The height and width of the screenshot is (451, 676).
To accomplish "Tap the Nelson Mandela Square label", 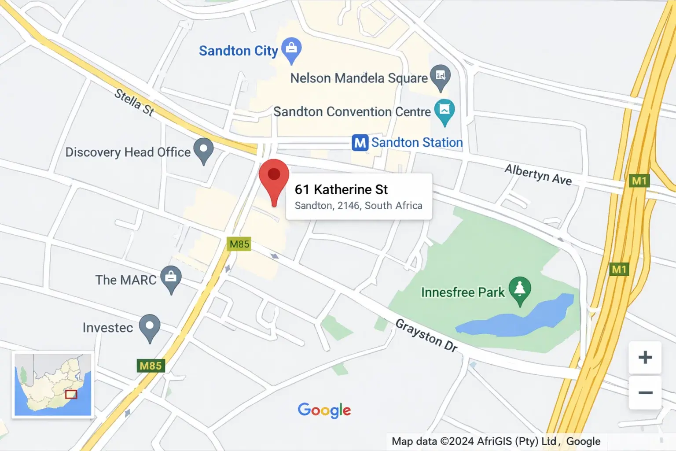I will point(359,78).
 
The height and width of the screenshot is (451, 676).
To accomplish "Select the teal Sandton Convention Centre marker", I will point(445,110).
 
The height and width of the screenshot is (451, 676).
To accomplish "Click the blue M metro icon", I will point(360,143).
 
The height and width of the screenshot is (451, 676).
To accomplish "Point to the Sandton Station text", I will point(417,143).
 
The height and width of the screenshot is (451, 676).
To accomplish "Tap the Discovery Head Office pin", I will point(203,150).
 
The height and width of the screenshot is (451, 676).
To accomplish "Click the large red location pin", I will point(274,178).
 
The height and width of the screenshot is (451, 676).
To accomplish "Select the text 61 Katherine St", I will point(341,189).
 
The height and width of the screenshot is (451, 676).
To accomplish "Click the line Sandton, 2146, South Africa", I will point(358,206).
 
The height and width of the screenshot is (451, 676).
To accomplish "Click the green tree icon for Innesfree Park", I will point(520,289).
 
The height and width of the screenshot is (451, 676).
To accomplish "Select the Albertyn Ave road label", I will point(538,175).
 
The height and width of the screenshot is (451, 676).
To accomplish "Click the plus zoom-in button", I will point(645,357).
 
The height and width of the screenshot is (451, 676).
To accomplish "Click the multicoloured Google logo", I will point(324,410).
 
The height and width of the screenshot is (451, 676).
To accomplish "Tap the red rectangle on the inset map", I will point(71,394).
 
